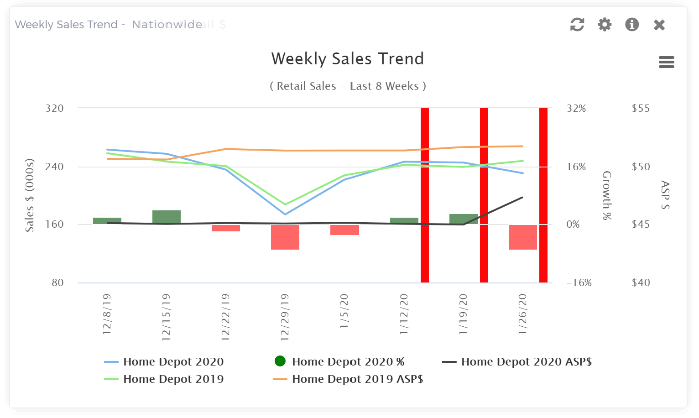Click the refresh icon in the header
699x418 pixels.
pos(577,24)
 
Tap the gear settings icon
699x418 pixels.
pos(605,24)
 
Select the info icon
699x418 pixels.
pos(632,24)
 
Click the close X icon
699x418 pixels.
pos(659,25)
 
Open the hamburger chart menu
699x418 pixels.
pos(667,62)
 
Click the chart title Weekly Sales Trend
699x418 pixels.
pos(348,59)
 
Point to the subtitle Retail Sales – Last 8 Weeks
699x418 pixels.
pos(348,86)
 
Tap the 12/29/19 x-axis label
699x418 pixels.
pos(285,317)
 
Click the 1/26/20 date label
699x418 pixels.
pos(523,314)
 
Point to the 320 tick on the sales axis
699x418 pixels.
pos(54,109)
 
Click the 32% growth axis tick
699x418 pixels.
pos(576,109)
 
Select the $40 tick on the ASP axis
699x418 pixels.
pos(641,283)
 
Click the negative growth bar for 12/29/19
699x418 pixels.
pos(285,237)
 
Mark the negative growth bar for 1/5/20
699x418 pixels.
pos(344,230)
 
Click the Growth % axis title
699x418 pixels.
pos(607,195)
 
